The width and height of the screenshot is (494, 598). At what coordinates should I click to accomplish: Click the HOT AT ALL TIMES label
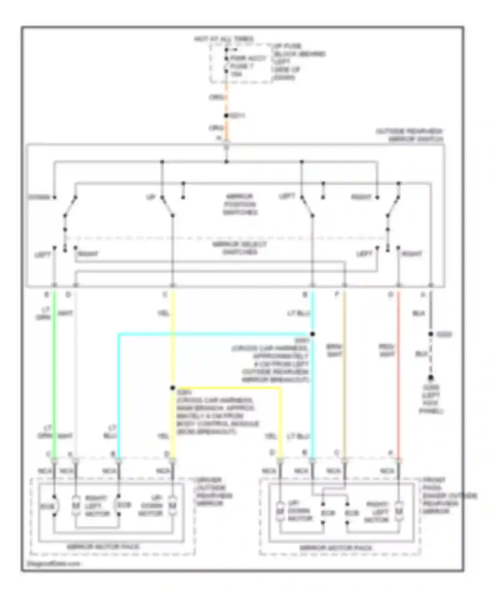(224, 39)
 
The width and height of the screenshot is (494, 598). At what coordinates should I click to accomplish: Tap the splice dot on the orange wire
(226, 116)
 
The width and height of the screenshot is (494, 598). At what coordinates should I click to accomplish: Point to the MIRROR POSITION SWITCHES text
(240, 204)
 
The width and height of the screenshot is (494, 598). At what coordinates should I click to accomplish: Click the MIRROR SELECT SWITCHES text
(239, 248)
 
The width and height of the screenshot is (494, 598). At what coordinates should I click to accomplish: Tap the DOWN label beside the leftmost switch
(39, 197)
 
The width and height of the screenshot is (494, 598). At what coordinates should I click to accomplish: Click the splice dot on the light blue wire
(312, 334)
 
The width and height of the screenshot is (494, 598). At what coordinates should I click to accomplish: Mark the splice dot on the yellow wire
(173, 388)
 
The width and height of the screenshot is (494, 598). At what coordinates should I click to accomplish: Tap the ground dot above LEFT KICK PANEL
(430, 378)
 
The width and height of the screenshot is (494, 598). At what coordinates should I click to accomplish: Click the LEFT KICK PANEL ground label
(431, 399)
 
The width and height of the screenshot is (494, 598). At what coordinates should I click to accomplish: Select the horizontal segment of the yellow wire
(227, 388)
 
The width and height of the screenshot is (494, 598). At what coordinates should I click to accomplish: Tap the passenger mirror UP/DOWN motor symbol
(280, 511)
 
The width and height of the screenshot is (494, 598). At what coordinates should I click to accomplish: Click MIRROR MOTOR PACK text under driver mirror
(103, 547)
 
